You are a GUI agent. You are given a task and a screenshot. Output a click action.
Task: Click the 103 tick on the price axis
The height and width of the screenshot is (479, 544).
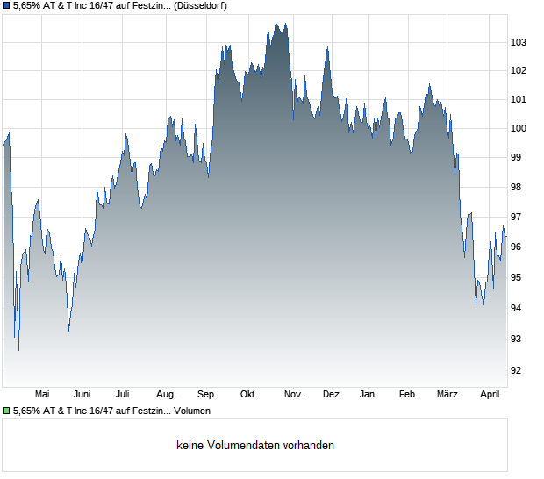point(518,42)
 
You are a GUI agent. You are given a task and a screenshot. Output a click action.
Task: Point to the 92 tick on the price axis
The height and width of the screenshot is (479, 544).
point(518,370)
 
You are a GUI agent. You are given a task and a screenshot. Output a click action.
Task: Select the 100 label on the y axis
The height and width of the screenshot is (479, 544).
point(518,128)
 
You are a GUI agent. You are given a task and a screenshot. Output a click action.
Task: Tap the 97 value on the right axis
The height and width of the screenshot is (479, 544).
point(518,217)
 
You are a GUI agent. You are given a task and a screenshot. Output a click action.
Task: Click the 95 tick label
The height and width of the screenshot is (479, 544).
point(518,277)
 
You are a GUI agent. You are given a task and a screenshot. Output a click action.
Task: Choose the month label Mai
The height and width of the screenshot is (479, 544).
point(41,394)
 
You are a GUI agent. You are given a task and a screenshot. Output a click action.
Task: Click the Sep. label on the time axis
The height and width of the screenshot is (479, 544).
point(207,394)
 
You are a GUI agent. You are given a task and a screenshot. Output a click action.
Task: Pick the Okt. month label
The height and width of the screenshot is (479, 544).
point(248,394)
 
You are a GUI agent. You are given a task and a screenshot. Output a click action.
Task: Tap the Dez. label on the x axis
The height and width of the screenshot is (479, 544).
point(332,394)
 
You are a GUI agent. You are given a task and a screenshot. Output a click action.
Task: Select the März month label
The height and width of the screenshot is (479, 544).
point(448,394)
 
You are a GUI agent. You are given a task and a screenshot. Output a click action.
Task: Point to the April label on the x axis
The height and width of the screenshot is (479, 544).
point(489,394)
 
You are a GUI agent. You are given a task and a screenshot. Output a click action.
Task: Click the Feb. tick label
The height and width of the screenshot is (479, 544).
point(408,394)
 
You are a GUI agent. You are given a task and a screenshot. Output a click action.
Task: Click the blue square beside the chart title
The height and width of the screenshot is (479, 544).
point(6,6)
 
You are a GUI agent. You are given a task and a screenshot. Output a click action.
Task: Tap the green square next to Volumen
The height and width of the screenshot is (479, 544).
point(6,411)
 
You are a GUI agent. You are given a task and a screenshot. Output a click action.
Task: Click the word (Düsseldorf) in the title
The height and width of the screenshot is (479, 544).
point(197,6)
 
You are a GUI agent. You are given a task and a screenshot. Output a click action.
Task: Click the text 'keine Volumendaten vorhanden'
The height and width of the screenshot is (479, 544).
point(254,446)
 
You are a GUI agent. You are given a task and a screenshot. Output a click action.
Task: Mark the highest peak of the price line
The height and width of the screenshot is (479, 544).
point(275,24)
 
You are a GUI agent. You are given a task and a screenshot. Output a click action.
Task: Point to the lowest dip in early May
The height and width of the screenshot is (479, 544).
point(18,350)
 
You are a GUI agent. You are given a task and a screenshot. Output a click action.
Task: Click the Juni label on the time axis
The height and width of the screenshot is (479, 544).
point(82,394)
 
